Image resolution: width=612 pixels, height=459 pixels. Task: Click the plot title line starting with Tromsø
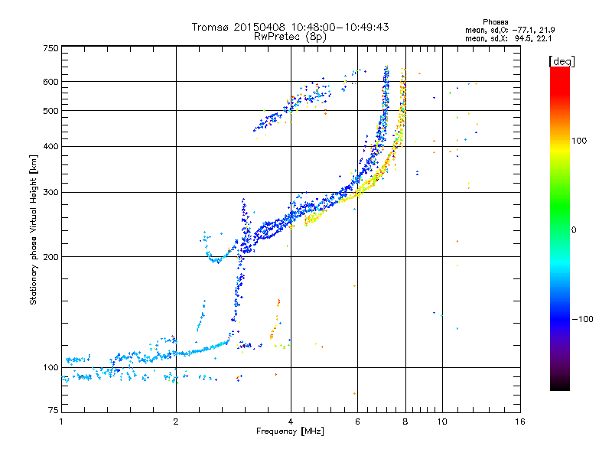[290, 27]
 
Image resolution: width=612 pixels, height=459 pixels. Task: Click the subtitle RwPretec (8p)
[290, 36]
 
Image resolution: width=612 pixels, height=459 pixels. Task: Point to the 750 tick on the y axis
[50, 47]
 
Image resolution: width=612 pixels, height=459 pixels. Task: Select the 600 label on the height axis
[50, 81]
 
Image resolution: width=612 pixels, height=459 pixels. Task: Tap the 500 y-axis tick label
[50, 111]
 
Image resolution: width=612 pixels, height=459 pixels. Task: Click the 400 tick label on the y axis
[50, 146]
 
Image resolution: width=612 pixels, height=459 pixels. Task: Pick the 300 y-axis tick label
[50, 192]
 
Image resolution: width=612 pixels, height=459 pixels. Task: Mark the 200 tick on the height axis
[50, 256]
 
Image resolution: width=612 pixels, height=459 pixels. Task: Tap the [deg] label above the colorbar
[562, 60]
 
